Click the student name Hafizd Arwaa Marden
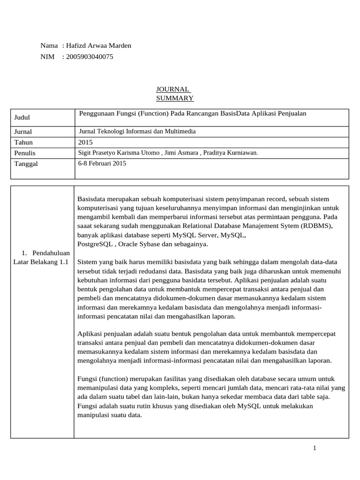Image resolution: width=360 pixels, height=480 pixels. (98, 45)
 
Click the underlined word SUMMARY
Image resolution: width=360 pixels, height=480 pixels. (174, 98)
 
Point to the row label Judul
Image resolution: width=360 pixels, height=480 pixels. (22, 118)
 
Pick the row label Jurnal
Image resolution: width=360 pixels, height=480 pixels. (23, 132)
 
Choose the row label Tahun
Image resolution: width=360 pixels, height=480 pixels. (23, 142)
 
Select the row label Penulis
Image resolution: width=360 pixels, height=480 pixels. (25, 153)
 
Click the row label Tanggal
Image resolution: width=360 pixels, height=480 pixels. (26, 164)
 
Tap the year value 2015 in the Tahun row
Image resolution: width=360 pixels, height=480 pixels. (85, 142)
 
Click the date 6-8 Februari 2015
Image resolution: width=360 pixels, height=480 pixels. (102, 163)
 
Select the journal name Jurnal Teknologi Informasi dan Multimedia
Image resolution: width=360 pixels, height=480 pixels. (137, 131)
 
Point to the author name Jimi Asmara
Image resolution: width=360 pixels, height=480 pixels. (181, 152)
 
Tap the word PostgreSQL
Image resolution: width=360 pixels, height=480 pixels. (96, 244)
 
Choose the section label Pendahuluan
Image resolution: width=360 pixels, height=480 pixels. (51, 253)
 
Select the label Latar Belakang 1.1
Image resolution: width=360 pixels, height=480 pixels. (41, 262)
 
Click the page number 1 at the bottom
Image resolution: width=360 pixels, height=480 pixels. (315, 448)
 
